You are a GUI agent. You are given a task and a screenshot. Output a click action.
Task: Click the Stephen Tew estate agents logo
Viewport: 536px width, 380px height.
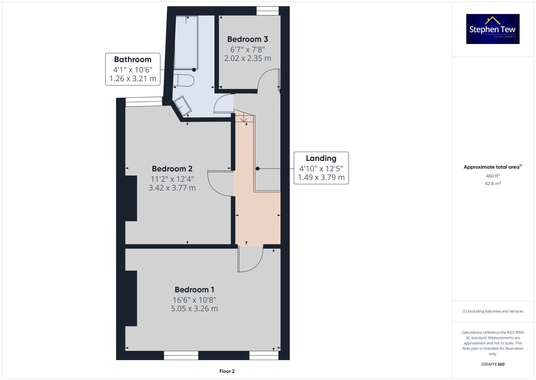[x=493, y=29]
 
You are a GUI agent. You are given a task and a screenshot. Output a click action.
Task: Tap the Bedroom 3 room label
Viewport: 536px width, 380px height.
[x=247, y=39]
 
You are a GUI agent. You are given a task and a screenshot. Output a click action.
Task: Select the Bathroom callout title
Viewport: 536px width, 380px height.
[x=133, y=59]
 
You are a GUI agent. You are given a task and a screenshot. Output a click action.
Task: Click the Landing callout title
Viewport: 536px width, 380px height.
[x=321, y=158]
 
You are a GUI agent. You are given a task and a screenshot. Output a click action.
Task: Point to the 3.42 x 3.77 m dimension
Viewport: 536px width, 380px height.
[x=172, y=188]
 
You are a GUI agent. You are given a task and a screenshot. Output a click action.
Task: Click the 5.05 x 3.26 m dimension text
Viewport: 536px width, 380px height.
[x=194, y=309]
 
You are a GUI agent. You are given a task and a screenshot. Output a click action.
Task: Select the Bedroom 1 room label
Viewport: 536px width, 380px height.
[x=194, y=289]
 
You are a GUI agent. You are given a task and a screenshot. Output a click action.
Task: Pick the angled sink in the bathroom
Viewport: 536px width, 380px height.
[x=183, y=106]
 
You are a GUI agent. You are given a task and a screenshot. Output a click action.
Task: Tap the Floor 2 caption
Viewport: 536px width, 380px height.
[x=227, y=371]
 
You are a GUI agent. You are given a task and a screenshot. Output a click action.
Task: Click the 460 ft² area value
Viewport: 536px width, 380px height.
[x=493, y=176]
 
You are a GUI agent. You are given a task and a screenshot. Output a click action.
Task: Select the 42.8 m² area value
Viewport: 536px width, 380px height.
[x=493, y=183]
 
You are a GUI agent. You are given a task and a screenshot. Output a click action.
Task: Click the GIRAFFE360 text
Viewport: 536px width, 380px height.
[x=493, y=364]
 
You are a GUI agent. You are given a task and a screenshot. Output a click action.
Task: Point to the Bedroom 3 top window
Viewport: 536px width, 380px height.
[x=267, y=11]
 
